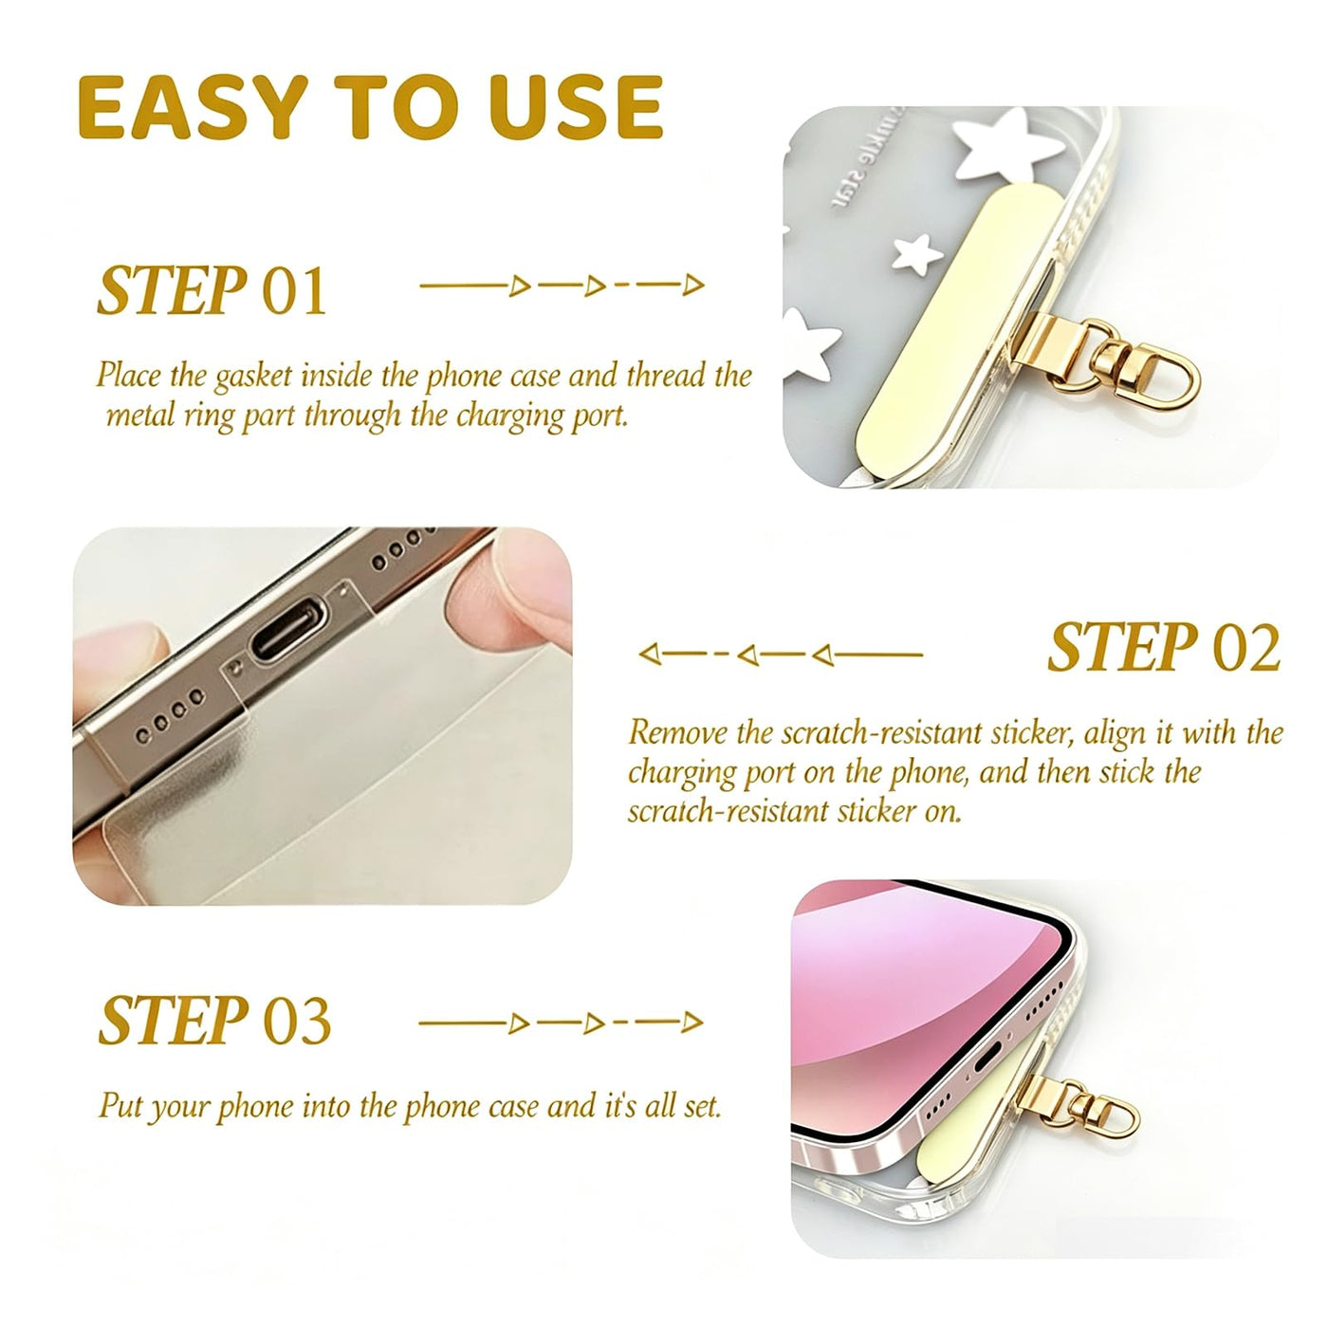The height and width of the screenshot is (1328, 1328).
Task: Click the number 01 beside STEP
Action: tap(294, 291)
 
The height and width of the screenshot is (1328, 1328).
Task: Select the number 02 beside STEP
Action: tap(1246, 648)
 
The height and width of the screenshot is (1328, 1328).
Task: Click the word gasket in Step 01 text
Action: tap(253, 377)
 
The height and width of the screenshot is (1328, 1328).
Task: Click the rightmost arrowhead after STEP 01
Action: tap(692, 284)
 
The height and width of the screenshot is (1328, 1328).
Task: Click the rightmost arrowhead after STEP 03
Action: tap(692, 1023)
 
